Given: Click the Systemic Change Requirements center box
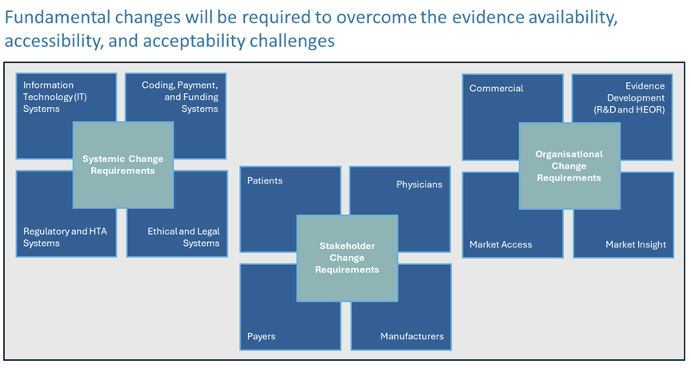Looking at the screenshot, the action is coord(123,165).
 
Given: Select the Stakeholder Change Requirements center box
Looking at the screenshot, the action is coord(347,258).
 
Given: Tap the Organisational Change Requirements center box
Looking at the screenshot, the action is coord(569,166).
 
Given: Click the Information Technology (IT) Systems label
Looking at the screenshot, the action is coord(55,97).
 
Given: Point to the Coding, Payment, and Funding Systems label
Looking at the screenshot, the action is coord(180,97).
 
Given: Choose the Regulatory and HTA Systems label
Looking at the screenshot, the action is coord(65,237).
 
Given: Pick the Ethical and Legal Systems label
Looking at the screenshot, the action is coord(183,237).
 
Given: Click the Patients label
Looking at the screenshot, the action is coord(265,180).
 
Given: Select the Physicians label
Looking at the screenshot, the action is coord(419,184).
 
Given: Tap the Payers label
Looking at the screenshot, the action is coord(262,336).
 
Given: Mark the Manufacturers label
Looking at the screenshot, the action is coord(412,336).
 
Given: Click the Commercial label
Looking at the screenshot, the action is coord(496,89).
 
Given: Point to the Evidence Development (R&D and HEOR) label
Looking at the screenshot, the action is coord(629,97).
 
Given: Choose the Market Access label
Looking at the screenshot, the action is coord(501,244).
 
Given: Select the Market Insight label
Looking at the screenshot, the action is coord(636,245).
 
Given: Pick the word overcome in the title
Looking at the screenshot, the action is coord(377,18).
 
